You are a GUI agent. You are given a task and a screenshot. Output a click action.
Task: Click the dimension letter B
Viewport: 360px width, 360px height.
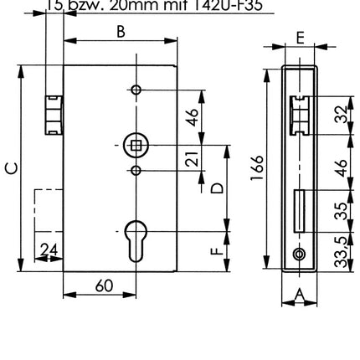pyautogui.click(x=121, y=31)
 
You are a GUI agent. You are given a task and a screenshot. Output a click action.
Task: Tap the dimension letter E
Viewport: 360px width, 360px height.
pyautogui.click(x=300, y=37)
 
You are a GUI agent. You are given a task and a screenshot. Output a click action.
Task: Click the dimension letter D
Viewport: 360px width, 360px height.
pyautogui.click(x=217, y=188)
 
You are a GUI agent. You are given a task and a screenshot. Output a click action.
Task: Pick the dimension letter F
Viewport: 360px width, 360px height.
pyautogui.click(x=217, y=250)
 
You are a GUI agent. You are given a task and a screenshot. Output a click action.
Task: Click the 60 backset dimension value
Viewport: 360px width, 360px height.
pyautogui.click(x=104, y=285)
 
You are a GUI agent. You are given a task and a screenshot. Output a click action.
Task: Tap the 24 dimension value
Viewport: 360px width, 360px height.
pyautogui.click(x=49, y=249)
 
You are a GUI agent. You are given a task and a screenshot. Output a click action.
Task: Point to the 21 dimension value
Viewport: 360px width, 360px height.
pyautogui.click(x=192, y=158)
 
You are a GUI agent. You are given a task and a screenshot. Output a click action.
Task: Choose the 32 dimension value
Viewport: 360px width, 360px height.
pyautogui.click(x=341, y=114)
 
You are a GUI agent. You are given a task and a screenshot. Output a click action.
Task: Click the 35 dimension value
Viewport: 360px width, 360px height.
pyautogui.click(x=341, y=210)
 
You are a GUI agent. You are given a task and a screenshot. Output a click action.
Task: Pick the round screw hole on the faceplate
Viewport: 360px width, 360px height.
pyautogui.click(x=299, y=255)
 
